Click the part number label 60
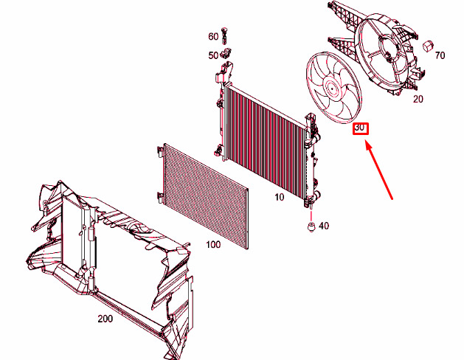pyautogui.click(x=213, y=37)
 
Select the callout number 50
pyautogui.click(x=213, y=55)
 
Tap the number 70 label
pyautogui.click(x=440, y=55)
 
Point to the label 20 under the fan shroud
pyautogui.click(x=418, y=99)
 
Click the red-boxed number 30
pyautogui.click(x=359, y=128)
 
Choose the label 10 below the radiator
pyautogui.click(x=279, y=197)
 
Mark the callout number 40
pyautogui.click(x=324, y=226)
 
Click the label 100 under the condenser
pyautogui.click(x=213, y=245)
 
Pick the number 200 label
pyautogui.click(x=105, y=319)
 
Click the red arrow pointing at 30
pyautogui.click(x=379, y=170)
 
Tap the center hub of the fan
pyautogui.click(x=332, y=88)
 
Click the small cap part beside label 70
pyautogui.click(x=428, y=45)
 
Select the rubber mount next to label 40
pyautogui.click(x=311, y=227)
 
